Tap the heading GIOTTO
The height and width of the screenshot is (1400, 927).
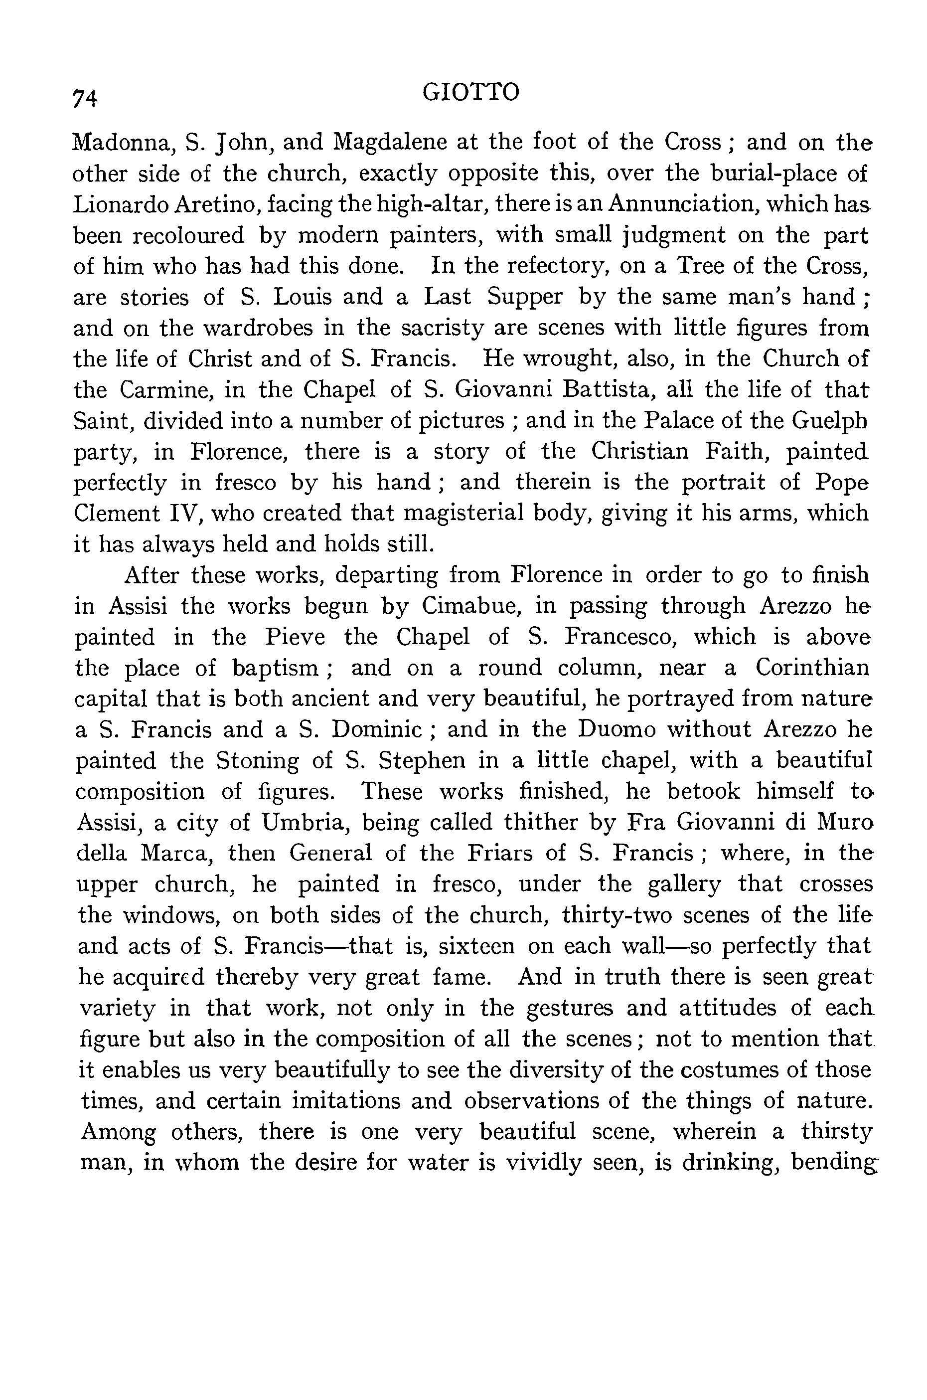[471, 92]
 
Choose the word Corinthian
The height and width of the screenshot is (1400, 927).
[812, 668]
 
